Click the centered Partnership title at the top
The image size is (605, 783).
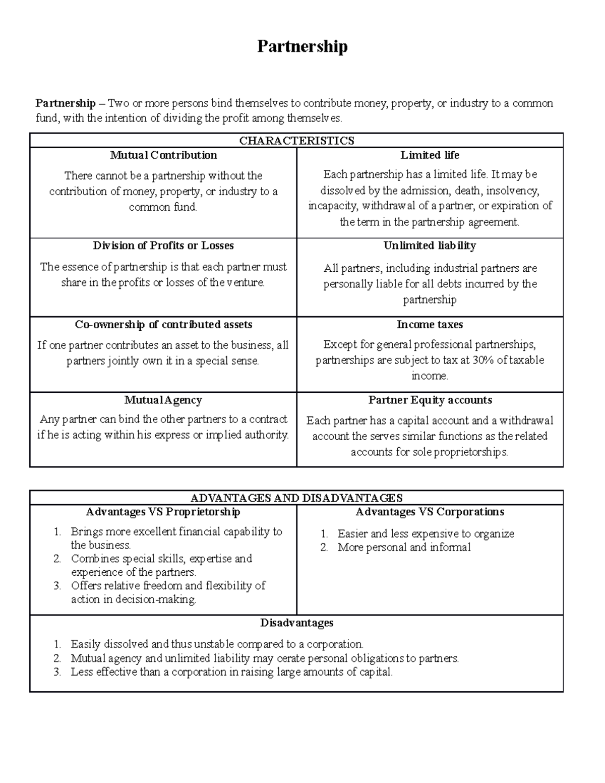coord(302,46)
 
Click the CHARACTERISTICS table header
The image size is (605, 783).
coord(296,141)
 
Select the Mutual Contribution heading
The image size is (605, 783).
coord(163,155)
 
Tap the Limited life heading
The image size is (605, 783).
coord(430,155)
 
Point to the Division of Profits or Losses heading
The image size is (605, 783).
coord(163,246)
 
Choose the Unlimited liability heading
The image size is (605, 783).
coord(430,246)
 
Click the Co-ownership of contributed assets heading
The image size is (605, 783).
coord(163,325)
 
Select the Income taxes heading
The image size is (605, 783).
coord(430,325)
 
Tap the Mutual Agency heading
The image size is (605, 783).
coord(163,400)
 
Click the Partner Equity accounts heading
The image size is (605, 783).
coord(430,400)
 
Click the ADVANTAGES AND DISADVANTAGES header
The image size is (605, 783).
coord(296,498)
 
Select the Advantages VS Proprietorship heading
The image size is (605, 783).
coord(163,512)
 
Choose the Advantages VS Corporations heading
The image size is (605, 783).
coord(430,512)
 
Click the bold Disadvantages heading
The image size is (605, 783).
coord(296,623)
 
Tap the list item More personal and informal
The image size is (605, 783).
coord(404,548)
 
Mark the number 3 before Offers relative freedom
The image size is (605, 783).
coord(57,586)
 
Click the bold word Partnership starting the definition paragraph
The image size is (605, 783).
coord(66,103)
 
